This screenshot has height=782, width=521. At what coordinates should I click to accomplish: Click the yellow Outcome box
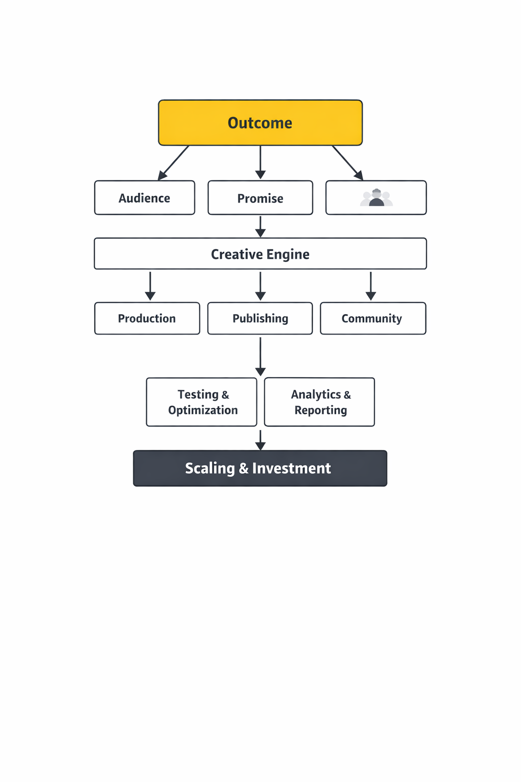tap(260, 123)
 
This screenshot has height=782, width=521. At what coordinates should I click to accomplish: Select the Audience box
tap(144, 198)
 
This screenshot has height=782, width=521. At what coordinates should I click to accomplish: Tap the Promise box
tap(260, 198)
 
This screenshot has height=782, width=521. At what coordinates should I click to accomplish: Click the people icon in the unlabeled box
tap(376, 198)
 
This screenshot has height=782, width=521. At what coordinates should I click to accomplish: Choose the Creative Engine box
tap(260, 254)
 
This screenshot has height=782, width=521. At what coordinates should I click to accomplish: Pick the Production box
tap(147, 318)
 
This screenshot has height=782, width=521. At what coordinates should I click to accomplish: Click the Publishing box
tap(260, 318)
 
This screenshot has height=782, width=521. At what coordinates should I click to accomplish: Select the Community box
tap(372, 318)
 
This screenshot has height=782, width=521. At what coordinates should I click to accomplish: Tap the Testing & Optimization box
tap(201, 402)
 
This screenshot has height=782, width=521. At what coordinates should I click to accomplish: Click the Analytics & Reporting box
tap(320, 402)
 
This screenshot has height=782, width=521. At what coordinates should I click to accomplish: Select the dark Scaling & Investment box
tap(260, 468)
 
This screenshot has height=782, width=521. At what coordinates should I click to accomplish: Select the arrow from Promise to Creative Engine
tap(260, 227)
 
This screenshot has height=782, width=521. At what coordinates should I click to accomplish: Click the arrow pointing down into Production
tap(150, 286)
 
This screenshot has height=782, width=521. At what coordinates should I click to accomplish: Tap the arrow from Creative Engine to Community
tap(371, 286)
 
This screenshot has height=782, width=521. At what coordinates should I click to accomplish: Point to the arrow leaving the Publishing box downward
tap(260, 356)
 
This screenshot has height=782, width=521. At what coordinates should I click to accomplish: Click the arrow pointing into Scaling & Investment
tap(260, 440)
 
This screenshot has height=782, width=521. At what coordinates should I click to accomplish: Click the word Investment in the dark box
tap(292, 468)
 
